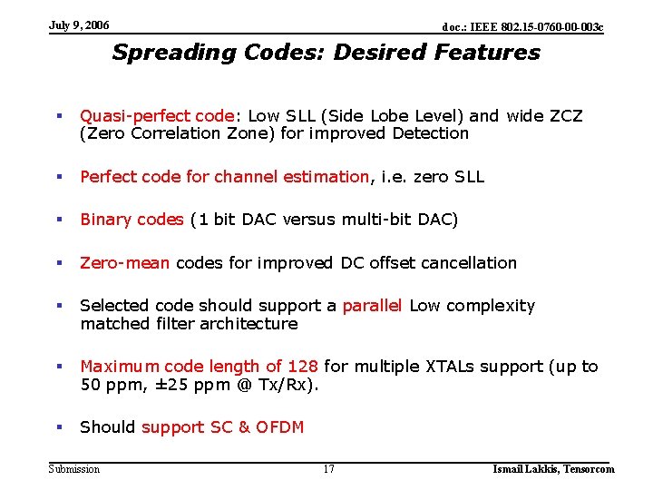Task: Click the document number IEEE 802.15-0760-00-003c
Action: [522, 27]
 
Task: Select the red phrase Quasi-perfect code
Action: [157, 116]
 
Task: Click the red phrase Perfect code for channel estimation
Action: [224, 177]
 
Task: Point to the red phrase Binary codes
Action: [132, 220]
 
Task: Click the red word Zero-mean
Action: [125, 263]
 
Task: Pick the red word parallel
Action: [372, 306]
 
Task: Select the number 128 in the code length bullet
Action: [302, 367]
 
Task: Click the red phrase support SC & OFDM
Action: [222, 427]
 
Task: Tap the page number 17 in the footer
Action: [328, 469]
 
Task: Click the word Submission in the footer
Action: [74, 469]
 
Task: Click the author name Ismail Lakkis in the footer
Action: [522, 469]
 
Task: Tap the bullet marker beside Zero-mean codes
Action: [58, 263]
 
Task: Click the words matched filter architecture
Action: [189, 324]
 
